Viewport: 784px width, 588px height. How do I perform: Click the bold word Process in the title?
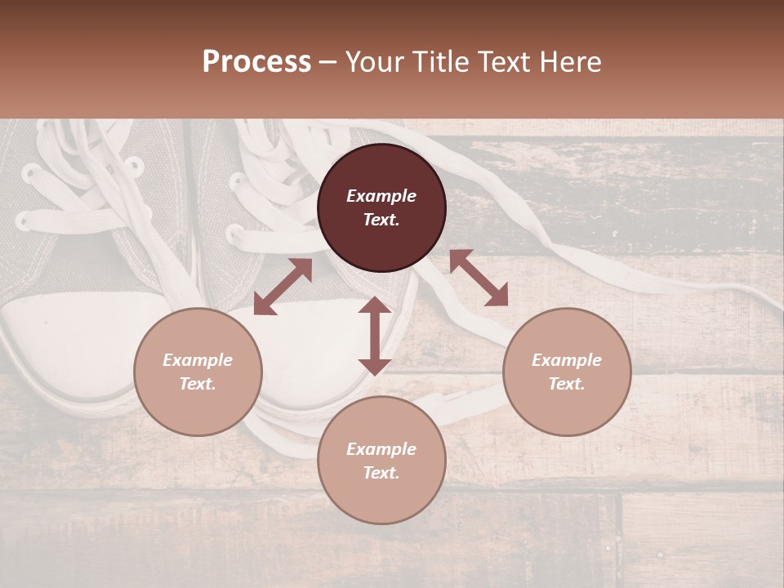click(x=256, y=62)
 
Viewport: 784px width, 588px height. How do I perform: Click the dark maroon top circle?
click(x=381, y=208)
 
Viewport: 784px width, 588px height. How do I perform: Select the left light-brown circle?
click(x=198, y=372)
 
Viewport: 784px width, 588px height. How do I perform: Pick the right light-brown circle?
click(x=567, y=372)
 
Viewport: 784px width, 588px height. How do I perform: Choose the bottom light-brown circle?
click(x=381, y=461)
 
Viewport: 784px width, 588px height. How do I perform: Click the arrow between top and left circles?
click(x=283, y=287)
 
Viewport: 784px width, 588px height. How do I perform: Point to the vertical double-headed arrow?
click(x=375, y=336)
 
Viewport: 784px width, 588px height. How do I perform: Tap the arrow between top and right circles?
click(x=479, y=278)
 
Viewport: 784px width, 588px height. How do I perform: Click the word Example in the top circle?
click(x=381, y=196)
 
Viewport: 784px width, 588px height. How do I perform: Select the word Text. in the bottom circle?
click(x=381, y=473)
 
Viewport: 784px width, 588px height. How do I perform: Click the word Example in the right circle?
click(x=567, y=360)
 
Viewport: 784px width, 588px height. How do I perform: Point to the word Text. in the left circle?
click(x=198, y=384)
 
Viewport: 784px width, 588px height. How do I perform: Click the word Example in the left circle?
click(x=198, y=360)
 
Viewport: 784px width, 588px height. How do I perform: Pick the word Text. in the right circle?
click(x=567, y=384)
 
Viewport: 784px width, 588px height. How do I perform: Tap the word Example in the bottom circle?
click(x=381, y=449)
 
